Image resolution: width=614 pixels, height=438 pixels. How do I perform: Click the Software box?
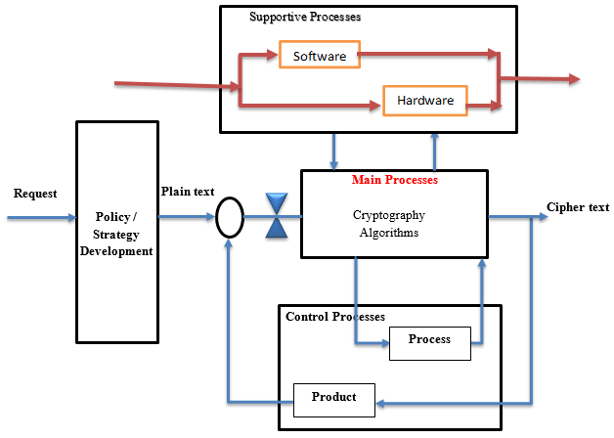(x=319, y=56)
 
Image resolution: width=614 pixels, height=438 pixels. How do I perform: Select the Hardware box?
(x=425, y=100)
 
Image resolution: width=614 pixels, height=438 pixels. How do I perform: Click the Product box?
(x=333, y=397)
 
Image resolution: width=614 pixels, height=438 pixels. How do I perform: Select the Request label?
(x=35, y=194)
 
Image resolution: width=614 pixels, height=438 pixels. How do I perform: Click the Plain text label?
(x=187, y=192)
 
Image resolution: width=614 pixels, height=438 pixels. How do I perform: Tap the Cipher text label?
(x=577, y=207)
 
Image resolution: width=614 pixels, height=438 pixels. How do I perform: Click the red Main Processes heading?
(x=394, y=181)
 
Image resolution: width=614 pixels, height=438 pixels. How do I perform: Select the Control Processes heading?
(x=334, y=317)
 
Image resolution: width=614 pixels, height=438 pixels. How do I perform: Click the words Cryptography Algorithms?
(x=388, y=223)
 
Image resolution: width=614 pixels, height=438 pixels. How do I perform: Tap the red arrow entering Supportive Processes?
(x=176, y=87)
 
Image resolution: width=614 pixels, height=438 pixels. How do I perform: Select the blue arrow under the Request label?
(x=39, y=218)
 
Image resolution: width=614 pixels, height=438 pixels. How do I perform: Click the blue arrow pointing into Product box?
(x=450, y=402)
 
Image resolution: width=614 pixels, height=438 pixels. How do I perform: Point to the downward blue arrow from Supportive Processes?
(x=334, y=151)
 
